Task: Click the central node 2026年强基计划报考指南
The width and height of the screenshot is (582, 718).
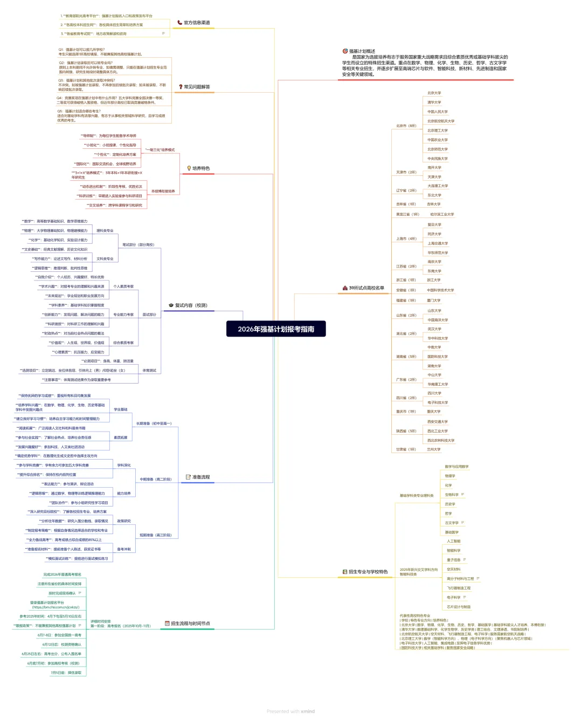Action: click(x=276, y=329)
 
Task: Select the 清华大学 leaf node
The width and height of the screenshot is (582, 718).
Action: click(x=434, y=102)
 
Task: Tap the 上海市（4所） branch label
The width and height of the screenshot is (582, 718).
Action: click(x=406, y=238)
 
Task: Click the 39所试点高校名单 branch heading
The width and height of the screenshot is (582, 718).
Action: click(x=366, y=288)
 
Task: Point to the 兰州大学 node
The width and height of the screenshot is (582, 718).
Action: click(x=433, y=449)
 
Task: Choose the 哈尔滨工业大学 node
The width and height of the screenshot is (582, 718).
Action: click(x=442, y=214)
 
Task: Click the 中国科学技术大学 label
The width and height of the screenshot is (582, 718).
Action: click(x=440, y=290)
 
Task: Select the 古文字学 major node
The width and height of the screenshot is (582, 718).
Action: click(x=452, y=523)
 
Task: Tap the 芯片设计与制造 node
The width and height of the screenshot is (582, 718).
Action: click(x=459, y=607)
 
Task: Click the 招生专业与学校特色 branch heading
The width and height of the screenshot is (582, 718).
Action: click(x=368, y=572)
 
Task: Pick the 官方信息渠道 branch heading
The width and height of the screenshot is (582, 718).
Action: click(x=197, y=23)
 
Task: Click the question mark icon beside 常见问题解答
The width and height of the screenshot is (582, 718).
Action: click(x=181, y=87)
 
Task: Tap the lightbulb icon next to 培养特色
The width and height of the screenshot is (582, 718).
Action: click(x=189, y=168)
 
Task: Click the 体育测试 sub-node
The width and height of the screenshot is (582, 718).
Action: click(x=149, y=371)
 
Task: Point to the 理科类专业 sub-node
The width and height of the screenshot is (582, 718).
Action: click(x=105, y=231)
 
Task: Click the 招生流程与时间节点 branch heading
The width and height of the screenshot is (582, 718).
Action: click(x=190, y=624)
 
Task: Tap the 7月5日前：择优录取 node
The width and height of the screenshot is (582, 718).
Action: click(x=66, y=673)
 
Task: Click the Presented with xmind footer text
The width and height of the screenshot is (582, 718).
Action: click(x=290, y=711)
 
